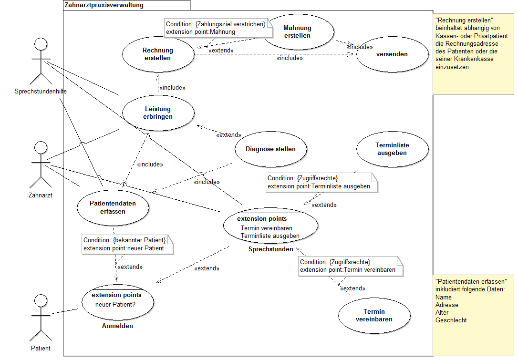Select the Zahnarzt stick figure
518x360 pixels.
(x=41, y=165)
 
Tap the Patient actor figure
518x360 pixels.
(x=41, y=317)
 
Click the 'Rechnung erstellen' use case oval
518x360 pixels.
(x=158, y=54)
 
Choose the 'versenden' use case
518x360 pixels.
(x=392, y=54)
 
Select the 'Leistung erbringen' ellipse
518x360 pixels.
(x=158, y=113)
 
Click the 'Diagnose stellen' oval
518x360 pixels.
(x=270, y=149)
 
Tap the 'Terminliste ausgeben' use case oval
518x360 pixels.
(x=392, y=149)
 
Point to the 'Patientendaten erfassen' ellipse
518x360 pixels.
(x=113, y=207)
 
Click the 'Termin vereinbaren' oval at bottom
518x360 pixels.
(x=374, y=316)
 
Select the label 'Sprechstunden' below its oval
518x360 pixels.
(x=270, y=249)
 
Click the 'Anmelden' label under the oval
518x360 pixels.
(x=117, y=326)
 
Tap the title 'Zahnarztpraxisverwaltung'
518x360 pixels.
(x=104, y=5)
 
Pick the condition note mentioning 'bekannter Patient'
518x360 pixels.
(x=127, y=244)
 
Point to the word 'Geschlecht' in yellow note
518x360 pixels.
(x=451, y=320)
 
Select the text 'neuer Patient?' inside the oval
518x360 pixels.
(x=115, y=304)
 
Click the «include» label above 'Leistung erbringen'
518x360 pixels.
(x=172, y=88)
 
